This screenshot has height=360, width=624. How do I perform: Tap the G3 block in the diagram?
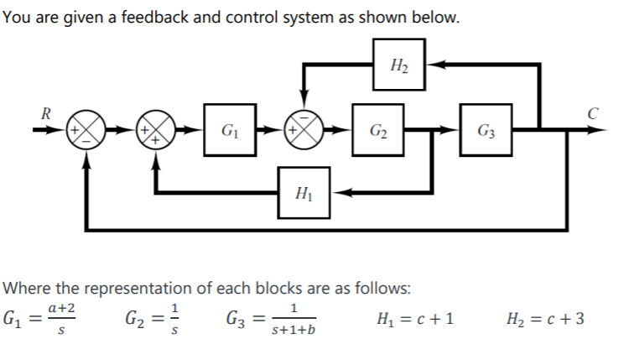[x=485, y=131]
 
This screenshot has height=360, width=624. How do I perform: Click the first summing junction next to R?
[x=86, y=131]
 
